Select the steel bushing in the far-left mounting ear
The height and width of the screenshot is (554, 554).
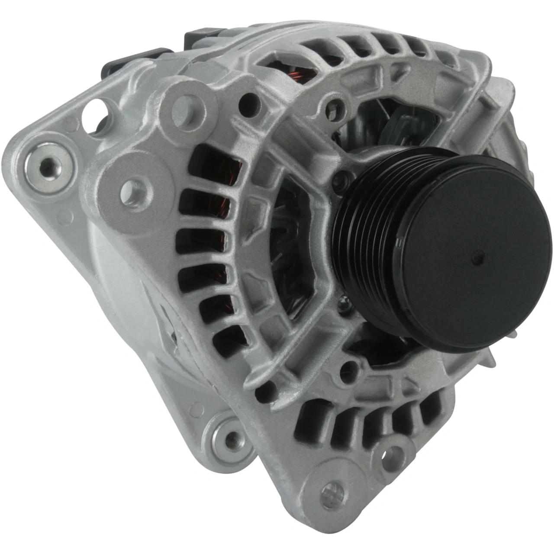pos(46,164)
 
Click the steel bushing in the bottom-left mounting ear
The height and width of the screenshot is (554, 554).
pos(230,437)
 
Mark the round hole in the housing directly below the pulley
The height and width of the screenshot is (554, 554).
pos(348,368)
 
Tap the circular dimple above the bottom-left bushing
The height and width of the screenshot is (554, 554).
pos(197,407)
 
